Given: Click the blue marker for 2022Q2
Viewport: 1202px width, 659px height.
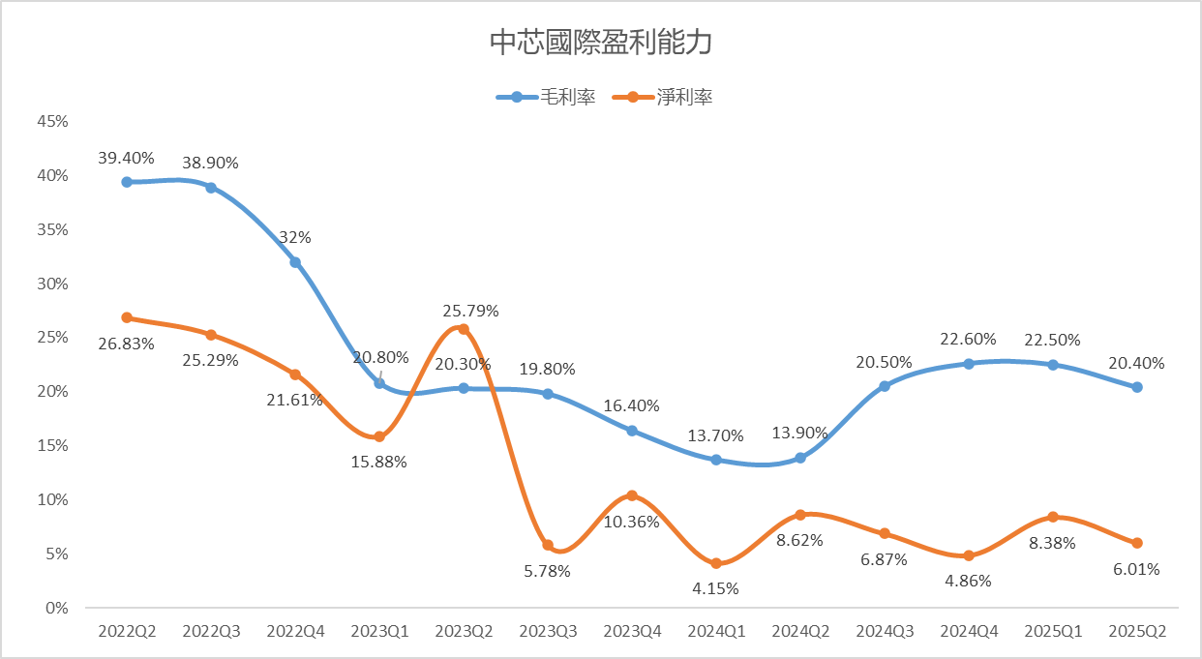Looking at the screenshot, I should [127, 182].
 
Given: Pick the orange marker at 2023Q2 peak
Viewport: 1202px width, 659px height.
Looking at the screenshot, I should [464, 329].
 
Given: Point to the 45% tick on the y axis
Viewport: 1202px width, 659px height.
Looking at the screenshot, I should [53, 121].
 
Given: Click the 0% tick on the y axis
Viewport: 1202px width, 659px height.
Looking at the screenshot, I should [57, 608].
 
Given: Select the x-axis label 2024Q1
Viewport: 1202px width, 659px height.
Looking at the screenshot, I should [716, 631].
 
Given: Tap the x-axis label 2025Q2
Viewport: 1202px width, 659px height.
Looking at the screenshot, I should [1137, 631].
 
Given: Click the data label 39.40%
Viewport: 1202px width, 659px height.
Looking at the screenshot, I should [127, 158].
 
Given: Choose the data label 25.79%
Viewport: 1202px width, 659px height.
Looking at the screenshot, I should [469, 311].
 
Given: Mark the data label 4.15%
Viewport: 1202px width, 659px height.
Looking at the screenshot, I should [716, 587].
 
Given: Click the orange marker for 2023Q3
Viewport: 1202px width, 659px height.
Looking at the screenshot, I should [548, 546].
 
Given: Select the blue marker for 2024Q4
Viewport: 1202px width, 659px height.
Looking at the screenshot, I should [969, 364].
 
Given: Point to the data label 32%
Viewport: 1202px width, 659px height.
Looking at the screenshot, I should [295, 238].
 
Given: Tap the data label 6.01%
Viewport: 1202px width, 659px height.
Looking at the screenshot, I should [1137, 569].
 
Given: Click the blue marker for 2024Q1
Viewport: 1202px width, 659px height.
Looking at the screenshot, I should [716, 460].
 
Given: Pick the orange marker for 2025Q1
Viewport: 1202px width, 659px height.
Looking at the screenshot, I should [1053, 517].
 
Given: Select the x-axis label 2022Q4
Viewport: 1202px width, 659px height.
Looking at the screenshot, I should [295, 631].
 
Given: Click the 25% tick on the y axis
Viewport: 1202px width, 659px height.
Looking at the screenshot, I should [53, 338].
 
